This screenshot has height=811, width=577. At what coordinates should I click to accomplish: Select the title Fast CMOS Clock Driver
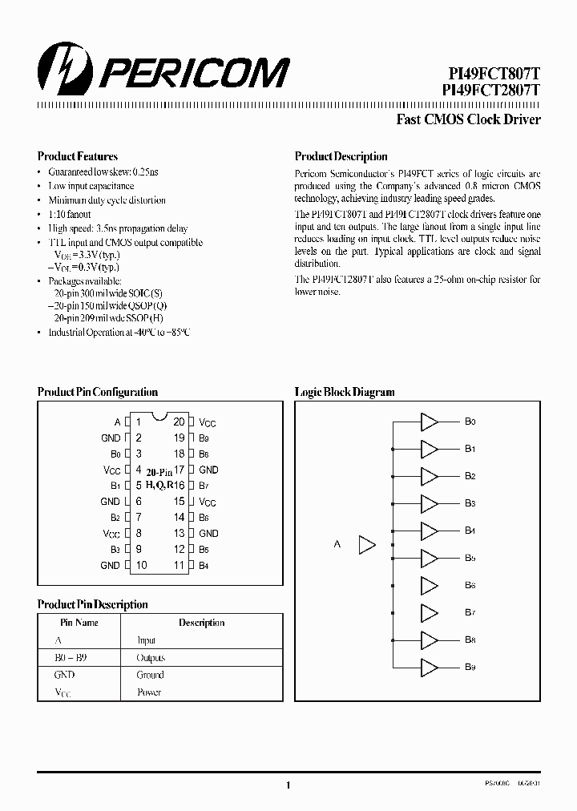tap(469, 119)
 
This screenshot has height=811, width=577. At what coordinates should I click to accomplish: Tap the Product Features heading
tap(78, 157)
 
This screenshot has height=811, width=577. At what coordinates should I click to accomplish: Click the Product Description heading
tap(341, 157)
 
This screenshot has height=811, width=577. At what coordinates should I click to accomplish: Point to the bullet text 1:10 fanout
tap(70, 214)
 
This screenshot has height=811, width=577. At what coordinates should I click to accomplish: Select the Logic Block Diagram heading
tap(345, 392)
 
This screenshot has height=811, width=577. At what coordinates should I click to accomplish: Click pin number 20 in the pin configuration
tap(179, 422)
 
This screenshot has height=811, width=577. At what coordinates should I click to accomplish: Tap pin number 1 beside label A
tap(138, 422)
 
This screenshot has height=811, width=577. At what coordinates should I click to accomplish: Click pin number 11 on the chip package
tap(179, 565)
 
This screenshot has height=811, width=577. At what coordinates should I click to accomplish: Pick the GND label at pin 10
tap(111, 565)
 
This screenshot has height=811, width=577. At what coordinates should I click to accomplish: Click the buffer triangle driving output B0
tap(430, 422)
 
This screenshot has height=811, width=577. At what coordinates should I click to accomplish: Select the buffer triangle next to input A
tap(367, 545)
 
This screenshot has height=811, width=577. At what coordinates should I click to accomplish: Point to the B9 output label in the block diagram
tap(470, 668)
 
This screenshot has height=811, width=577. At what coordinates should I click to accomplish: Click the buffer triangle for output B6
tap(430, 586)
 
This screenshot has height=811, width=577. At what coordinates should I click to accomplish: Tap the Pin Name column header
tap(79, 623)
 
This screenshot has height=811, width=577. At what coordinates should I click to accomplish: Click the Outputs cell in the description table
tap(151, 657)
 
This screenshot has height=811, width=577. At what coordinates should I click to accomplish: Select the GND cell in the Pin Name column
tap(64, 675)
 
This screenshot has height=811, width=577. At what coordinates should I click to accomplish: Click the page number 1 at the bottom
tap(288, 786)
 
